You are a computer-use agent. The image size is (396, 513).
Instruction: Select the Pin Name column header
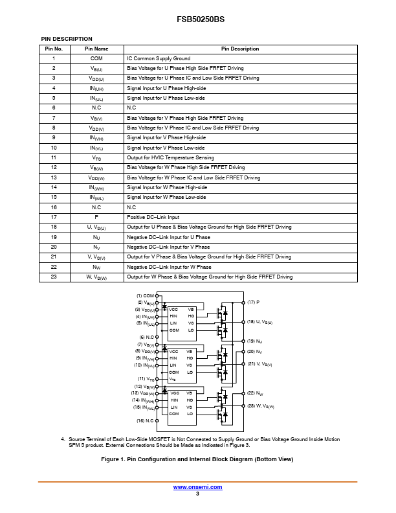click(x=96, y=49)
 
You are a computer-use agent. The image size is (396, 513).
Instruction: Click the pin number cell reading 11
click(x=54, y=157)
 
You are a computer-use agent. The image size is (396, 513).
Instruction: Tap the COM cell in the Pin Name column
click(x=96, y=58)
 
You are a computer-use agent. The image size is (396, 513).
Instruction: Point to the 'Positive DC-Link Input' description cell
click(x=153, y=217)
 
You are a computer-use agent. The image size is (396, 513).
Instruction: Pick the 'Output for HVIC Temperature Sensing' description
click(x=170, y=157)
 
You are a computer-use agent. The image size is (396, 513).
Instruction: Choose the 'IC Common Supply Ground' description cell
click(x=159, y=58)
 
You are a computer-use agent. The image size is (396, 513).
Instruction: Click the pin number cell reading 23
click(x=54, y=277)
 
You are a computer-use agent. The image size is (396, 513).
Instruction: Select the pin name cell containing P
click(x=96, y=217)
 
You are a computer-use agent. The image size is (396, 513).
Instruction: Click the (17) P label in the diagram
click(x=253, y=302)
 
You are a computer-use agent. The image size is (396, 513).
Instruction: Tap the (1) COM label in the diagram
click(x=145, y=296)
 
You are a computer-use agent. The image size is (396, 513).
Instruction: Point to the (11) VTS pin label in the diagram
click(x=146, y=379)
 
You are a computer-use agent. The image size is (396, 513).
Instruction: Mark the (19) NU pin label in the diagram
click(x=254, y=341)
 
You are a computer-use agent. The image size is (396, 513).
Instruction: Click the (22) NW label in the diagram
click(x=254, y=393)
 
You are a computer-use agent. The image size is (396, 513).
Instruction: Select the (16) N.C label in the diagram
click(x=145, y=421)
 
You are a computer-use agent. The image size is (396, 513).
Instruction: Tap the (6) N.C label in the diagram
click(x=146, y=337)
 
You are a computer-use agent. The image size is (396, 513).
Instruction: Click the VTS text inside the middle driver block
click(x=173, y=379)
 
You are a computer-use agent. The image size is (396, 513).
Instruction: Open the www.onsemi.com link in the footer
click(x=197, y=487)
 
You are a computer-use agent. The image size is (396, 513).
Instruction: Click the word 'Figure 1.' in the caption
click(x=116, y=459)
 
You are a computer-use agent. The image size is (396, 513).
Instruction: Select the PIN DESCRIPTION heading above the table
click(x=67, y=39)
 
